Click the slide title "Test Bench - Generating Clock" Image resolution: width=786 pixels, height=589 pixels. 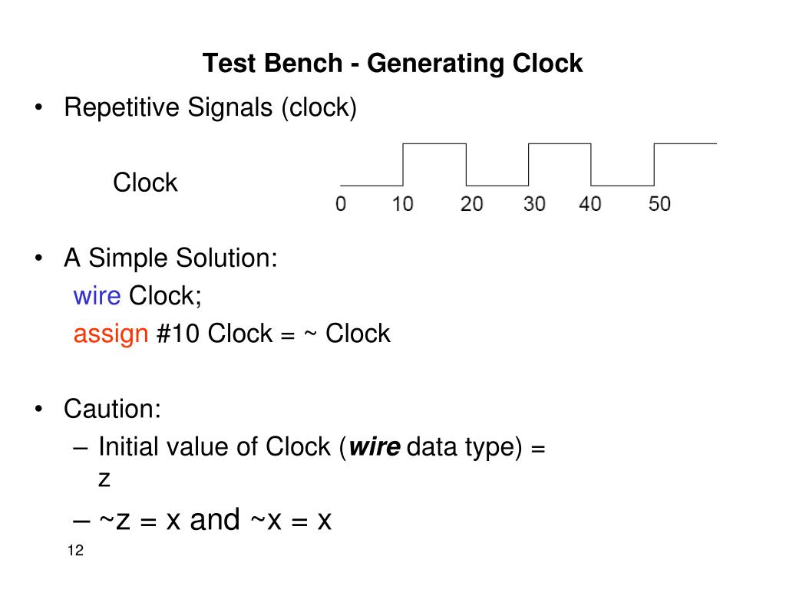392,63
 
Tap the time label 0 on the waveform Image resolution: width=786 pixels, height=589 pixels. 340,205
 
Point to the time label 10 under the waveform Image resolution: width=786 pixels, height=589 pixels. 403,205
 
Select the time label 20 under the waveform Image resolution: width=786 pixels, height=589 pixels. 471,205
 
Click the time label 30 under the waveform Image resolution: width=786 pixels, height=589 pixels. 534,205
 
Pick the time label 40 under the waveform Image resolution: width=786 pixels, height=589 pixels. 590,205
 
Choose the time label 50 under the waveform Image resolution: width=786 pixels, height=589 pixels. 659,205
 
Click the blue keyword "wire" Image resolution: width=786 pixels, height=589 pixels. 92,295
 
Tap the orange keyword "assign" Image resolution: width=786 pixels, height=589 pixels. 110,334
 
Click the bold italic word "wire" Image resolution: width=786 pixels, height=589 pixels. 375,446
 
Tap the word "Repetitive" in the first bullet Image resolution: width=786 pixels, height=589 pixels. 122,108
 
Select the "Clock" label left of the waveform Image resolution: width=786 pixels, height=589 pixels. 145,183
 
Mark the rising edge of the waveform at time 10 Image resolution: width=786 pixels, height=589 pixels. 403,164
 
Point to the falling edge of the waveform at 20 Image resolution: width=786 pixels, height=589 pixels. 466,164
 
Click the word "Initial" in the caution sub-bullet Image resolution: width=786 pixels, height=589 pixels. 127,446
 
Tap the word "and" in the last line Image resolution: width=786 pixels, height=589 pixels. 215,520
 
